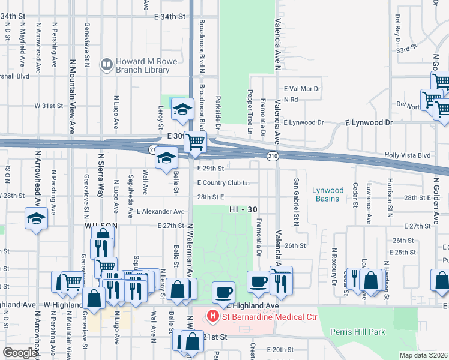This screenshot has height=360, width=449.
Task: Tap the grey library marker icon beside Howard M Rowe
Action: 107,62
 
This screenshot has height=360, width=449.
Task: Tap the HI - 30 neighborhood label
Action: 243,209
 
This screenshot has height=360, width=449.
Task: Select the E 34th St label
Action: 168,17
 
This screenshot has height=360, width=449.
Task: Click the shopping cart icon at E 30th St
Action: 195,142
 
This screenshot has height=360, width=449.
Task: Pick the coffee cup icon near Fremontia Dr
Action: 259,281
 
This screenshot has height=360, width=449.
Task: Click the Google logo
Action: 20,353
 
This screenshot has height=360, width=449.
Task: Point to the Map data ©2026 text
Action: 423,355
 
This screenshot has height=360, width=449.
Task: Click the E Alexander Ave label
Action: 160,212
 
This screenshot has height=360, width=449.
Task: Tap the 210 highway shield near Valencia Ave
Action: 272,157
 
